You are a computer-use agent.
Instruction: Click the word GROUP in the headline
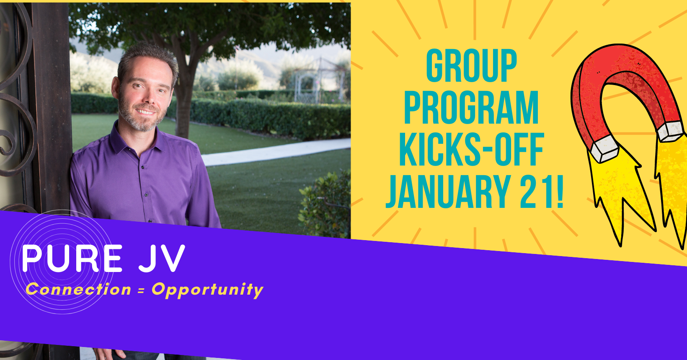pyautogui.click(x=471, y=66)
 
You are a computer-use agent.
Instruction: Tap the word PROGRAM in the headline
pyautogui.click(x=471, y=108)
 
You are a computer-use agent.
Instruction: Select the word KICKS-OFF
pyautogui.click(x=472, y=150)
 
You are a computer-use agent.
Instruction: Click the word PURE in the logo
pyautogui.click(x=73, y=259)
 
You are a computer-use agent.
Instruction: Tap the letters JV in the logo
pyautogui.click(x=162, y=259)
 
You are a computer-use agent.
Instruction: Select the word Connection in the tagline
pyautogui.click(x=79, y=290)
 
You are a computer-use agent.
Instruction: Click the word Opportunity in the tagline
pyautogui.click(x=208, y=290)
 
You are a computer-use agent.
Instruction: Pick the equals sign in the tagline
pyautogui.click(x=141, y=290)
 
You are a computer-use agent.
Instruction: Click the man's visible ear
pyautogui.click(x=116, y=89)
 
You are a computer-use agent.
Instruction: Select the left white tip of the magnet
pyautogui.click(x=604, y=149)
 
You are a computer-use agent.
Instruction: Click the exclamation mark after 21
pyautogui.click(x=559, y=192)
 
